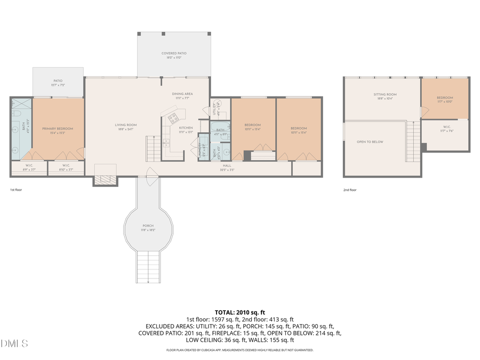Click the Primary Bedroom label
tap(58, 129)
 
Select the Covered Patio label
tap(174, 53)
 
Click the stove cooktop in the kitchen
tap(173, 118)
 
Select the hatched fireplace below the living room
tap(105, 180)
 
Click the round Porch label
tap(148, 226)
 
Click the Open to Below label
tap(370, 142)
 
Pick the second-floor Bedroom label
tap(445, 98)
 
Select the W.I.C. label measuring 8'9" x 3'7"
tap(29, 166)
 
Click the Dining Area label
tap(182, 94)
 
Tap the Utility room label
tap(214, 111)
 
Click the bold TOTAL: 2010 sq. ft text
tap(239, 313)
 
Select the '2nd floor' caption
tap(350, 189)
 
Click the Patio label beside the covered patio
tap(58, 81)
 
